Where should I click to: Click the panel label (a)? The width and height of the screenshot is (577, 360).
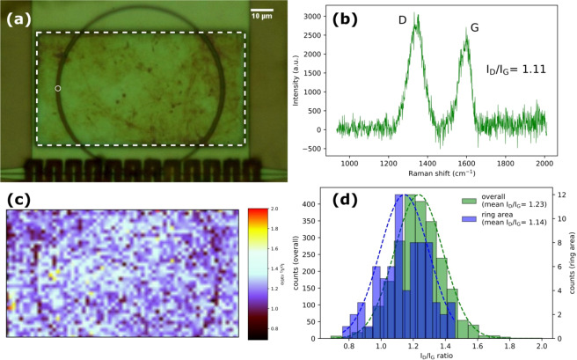20,16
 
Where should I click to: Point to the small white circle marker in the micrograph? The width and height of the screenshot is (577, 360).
58,89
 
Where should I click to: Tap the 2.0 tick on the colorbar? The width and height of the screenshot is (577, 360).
274,209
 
